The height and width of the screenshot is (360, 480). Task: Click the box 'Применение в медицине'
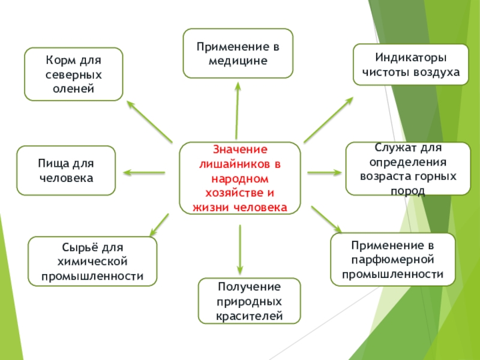(238, 53)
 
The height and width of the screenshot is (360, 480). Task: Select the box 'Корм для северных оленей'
(73, 74)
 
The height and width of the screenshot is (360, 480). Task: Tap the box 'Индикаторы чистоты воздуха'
(410, 65)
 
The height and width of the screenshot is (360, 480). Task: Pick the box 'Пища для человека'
(66, 170)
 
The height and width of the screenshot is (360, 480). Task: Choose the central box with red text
(240, 178)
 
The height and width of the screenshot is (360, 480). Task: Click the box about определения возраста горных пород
(408, 169)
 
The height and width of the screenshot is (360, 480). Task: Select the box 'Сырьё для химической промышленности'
(92, 261)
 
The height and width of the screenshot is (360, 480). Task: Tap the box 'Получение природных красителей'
(249, 301)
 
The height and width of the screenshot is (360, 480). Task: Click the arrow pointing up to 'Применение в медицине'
(238, 111)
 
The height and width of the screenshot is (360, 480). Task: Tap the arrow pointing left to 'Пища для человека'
(145, 173)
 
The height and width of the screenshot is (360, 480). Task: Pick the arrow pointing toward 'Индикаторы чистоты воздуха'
(329, 119)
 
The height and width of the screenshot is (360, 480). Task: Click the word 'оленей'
(73, 89)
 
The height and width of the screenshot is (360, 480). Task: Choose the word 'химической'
(92, 262)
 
